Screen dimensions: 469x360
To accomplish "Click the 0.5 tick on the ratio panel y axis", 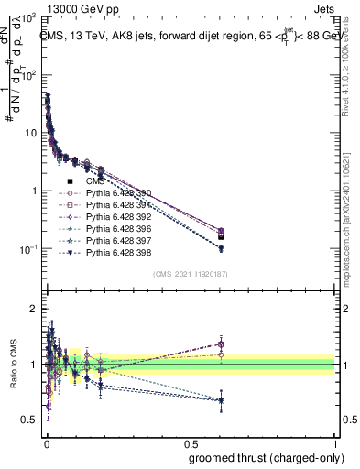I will pos(34,420).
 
